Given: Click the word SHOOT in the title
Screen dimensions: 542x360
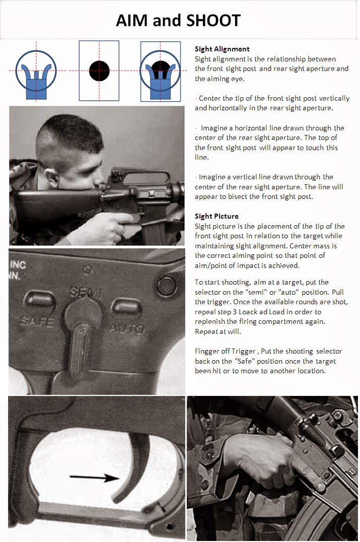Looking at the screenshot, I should (x=212, y=21).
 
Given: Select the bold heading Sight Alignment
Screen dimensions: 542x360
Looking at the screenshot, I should (x=222, y=49).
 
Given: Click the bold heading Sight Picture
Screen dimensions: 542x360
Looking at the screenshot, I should (x=217, y=216).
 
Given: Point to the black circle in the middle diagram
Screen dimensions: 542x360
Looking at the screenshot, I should (x=99, y=70).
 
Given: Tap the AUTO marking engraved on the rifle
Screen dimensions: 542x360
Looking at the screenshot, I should (x=127, y=328).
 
